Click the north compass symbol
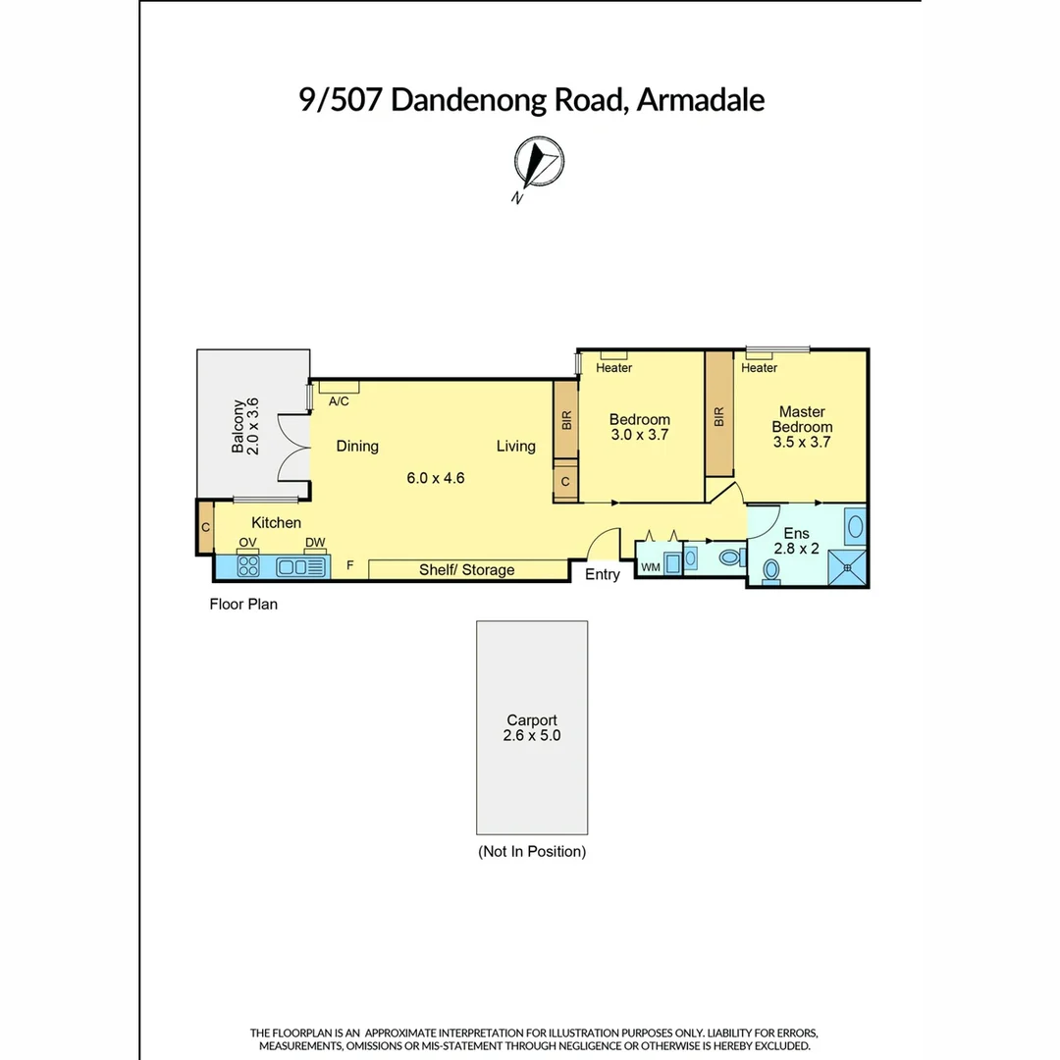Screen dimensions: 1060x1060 coord(538,163)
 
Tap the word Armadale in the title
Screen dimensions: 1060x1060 coord(700,99)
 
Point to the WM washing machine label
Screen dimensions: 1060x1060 coord(650,567)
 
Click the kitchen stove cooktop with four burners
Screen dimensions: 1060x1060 coord(248,566)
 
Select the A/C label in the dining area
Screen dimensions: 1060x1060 coord(339,401)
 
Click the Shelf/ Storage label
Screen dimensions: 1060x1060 coord(466,570)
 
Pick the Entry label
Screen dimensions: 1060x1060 coord(602,575)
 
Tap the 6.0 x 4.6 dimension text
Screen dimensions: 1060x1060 coord(435,479)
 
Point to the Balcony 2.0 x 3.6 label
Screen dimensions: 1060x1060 coord(244,425)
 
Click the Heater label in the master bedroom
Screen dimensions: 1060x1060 coord(759,368)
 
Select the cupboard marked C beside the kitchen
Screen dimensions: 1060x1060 coord(205,527)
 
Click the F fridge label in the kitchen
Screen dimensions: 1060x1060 coord(349,566)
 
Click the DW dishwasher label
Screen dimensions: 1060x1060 coord(314,543)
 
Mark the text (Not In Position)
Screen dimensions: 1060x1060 coord(532,852)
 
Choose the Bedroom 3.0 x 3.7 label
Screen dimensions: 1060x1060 coord(639,427)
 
